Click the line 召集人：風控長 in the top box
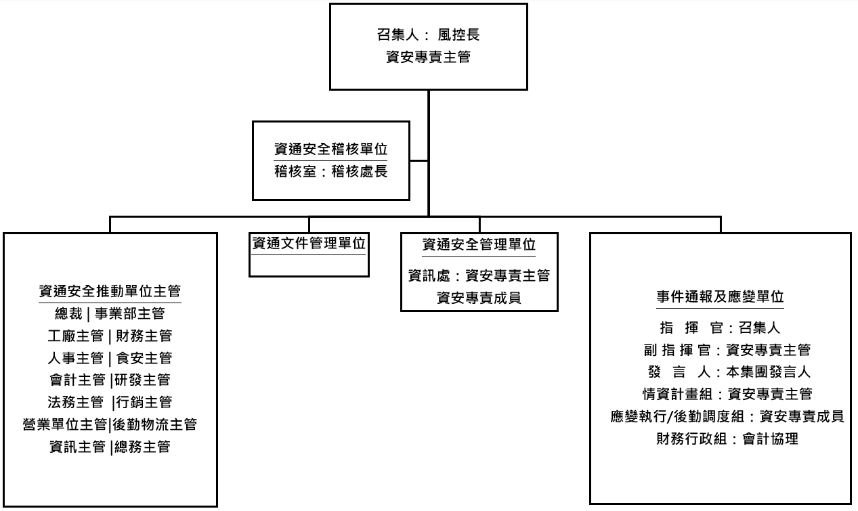(428, 35)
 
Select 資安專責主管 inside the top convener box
(428, 57)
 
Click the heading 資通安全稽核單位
(331, 149)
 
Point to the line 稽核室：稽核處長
(331, 171)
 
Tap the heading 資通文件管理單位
(309, 243)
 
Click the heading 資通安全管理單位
(479, 244)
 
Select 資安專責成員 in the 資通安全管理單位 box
(479, 297)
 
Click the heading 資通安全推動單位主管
(110, 291)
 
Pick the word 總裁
(68, 313)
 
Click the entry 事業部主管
(130, 313)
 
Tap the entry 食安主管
(144, 358)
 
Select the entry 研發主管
(142, 380)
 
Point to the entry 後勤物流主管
(155, 424)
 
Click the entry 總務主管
(142, 447)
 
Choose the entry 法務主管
(75, 402)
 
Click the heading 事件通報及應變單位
(720, 296)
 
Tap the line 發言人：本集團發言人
(729, 372)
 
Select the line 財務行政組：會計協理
(727, 439)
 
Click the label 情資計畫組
(677, 394)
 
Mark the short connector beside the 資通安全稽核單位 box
(419, 161)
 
